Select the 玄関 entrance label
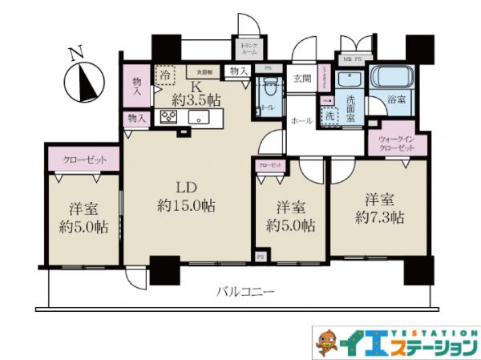tap(302, 78)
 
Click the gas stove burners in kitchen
tap(170, 117)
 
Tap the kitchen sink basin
tap(197, 118)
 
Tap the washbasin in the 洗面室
tap(349, 80)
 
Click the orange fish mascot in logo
tap(324, 342)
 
